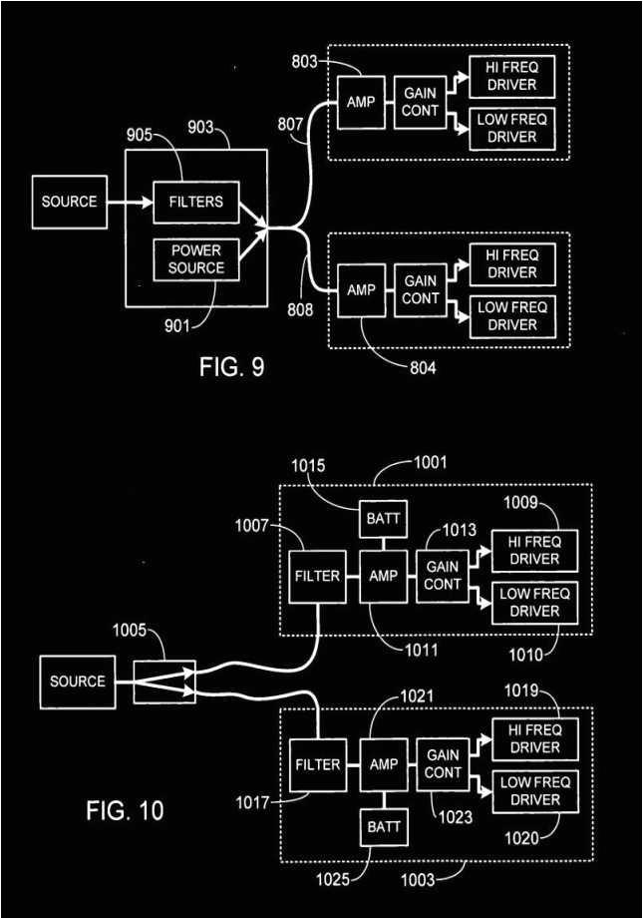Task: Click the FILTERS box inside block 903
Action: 196,202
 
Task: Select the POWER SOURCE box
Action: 196,258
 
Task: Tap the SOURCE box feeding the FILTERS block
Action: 69,202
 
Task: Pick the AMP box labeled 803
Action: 359,102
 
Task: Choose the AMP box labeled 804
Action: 359,289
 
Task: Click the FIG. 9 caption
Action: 231,367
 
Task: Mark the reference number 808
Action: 300,309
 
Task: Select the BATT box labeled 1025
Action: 384,827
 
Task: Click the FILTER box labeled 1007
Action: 317,576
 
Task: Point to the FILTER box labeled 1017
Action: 317,765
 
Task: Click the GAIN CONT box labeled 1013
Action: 442,576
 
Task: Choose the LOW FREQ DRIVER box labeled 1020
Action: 534,791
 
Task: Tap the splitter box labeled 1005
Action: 164,682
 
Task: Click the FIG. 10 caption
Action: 125,810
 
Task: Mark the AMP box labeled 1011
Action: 384,576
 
